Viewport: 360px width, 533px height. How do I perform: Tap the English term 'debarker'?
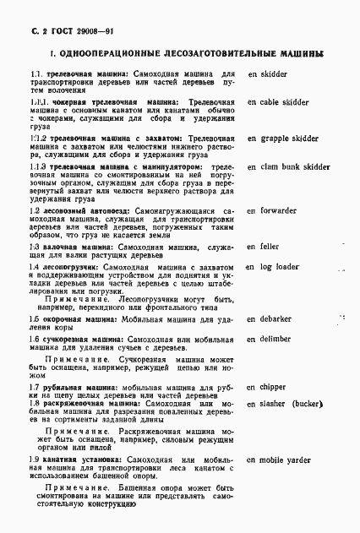tap(275, 319)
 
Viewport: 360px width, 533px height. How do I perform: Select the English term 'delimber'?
tap(276, 339)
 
